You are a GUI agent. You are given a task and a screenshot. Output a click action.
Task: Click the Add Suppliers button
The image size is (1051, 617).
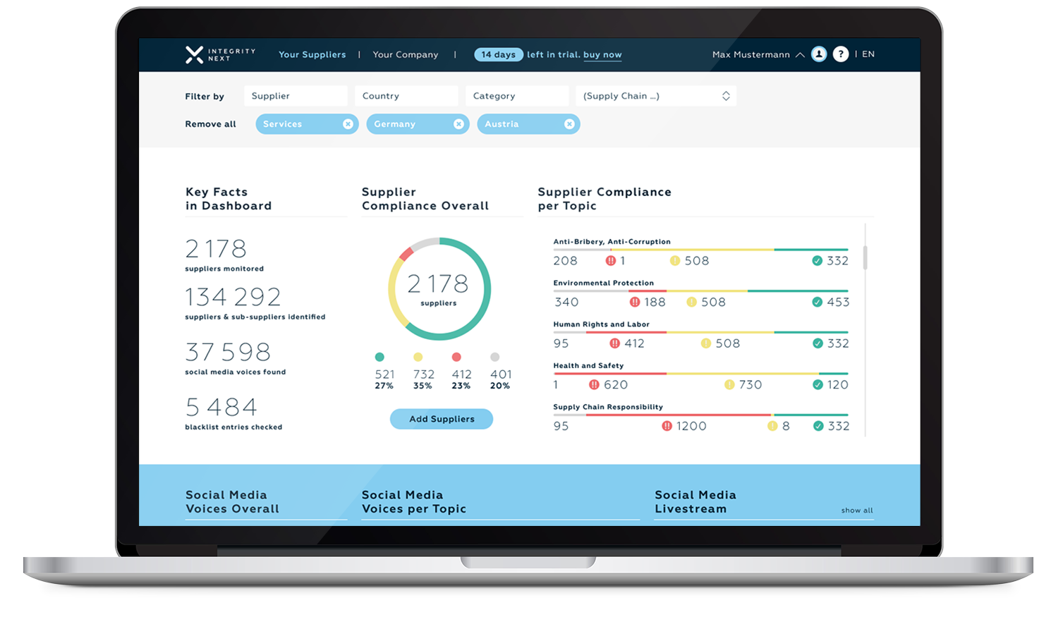click(442, 419)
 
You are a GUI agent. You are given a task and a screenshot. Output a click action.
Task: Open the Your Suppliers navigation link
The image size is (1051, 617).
click(312, 54)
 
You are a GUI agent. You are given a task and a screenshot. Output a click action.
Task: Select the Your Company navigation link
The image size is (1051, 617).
click(405, 54)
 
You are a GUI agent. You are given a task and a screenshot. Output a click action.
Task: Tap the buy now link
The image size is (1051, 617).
click(602, 54)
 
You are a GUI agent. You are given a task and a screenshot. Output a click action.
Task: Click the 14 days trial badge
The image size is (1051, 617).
click(498, 54)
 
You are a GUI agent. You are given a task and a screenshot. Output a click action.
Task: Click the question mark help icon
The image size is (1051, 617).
click(840, 54)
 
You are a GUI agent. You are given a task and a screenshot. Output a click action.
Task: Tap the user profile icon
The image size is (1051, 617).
click(818, 54)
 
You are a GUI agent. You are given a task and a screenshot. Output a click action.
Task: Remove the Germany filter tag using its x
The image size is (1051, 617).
click(458, 124)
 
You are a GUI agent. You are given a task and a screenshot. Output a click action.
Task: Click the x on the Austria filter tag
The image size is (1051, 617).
click(569, 124)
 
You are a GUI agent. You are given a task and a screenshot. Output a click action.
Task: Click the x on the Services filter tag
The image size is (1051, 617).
click(348, 124)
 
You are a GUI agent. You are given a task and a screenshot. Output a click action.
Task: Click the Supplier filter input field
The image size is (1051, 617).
click(296, 96)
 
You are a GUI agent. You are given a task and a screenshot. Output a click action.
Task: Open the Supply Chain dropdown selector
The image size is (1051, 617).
click(656, 96)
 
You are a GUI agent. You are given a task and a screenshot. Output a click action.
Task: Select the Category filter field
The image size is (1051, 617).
click(517, 96)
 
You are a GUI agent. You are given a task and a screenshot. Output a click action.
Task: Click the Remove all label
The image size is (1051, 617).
click(210, 124)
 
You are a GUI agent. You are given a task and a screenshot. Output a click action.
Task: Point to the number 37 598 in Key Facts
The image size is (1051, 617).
click(228, 352)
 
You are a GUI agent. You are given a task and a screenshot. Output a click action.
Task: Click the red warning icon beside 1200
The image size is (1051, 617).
click(667, 426)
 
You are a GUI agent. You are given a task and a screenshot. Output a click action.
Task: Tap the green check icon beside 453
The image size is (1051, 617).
click(817, 302)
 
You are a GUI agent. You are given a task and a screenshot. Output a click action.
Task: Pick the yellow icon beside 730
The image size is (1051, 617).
click(729, 384)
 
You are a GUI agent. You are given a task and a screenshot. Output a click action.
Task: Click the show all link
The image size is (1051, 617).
click(856, 511)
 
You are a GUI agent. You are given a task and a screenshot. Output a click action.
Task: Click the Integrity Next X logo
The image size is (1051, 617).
click(194, 54)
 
